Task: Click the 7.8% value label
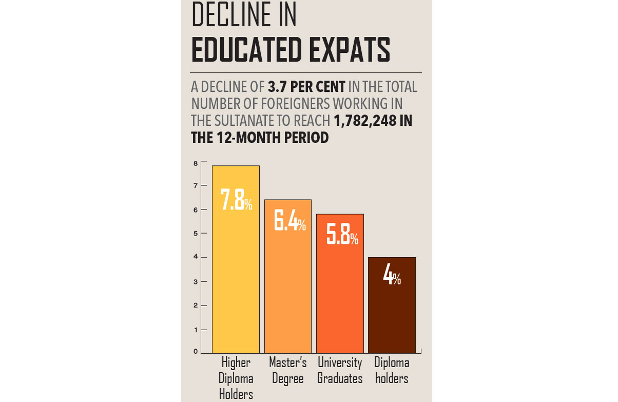coord(236,200)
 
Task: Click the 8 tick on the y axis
coord(196,164)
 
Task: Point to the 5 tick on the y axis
coord(196,234)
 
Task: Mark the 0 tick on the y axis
coord(196,352)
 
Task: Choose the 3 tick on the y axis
coord(196,282)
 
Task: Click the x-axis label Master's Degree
coord(288,371)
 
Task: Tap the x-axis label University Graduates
coord(340,371)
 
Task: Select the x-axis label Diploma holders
coord(392,371)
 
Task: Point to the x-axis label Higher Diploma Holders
coord(236,378)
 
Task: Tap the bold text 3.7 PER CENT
coord(306,87)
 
